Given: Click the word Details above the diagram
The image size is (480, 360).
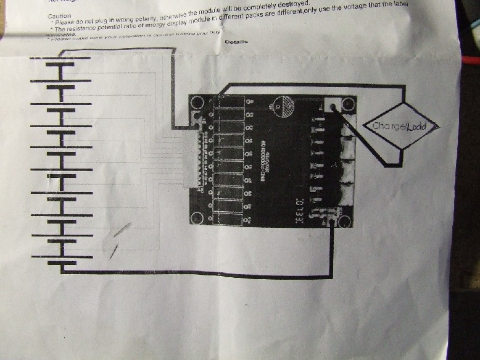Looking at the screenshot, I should (236, 42).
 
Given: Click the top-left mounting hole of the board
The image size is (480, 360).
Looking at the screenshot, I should (198, 103).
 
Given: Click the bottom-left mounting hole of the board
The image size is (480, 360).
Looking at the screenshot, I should (197, 218).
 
